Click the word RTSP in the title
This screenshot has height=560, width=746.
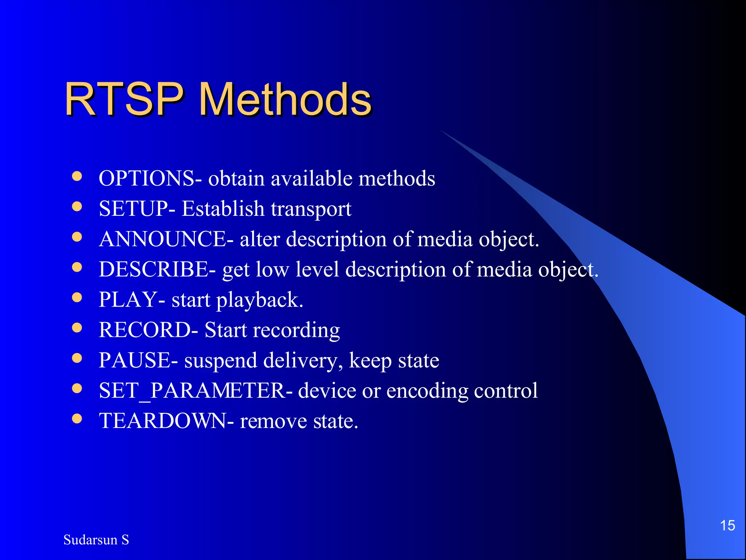[124, 99]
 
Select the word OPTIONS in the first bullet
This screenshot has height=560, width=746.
[146, 179]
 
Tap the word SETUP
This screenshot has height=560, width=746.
[133, 209]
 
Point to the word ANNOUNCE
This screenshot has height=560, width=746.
[162, 240]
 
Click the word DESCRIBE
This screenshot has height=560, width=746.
[153, 270]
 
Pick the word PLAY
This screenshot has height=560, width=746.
[128, 300]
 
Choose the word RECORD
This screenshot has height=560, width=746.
[145, 330]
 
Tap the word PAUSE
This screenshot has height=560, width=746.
[134, 361]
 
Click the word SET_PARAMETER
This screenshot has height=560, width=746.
[192, 391]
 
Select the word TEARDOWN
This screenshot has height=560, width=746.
[162, 421]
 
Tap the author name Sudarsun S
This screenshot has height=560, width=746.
[96, 540]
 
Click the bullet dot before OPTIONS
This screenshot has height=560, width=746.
[77, 176]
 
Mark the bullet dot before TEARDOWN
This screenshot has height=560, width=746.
[77, 419]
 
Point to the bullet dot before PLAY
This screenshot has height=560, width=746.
[77, 297]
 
